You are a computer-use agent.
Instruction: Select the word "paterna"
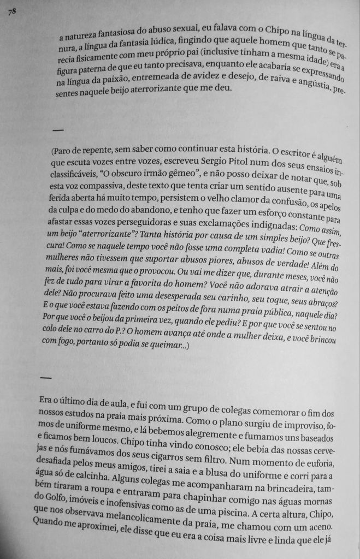click(93, 69)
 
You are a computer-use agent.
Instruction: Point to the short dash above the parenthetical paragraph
click(57, 130)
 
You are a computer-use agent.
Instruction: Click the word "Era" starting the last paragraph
click(48, 400)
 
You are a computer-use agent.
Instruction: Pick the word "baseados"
click(312, 435)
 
